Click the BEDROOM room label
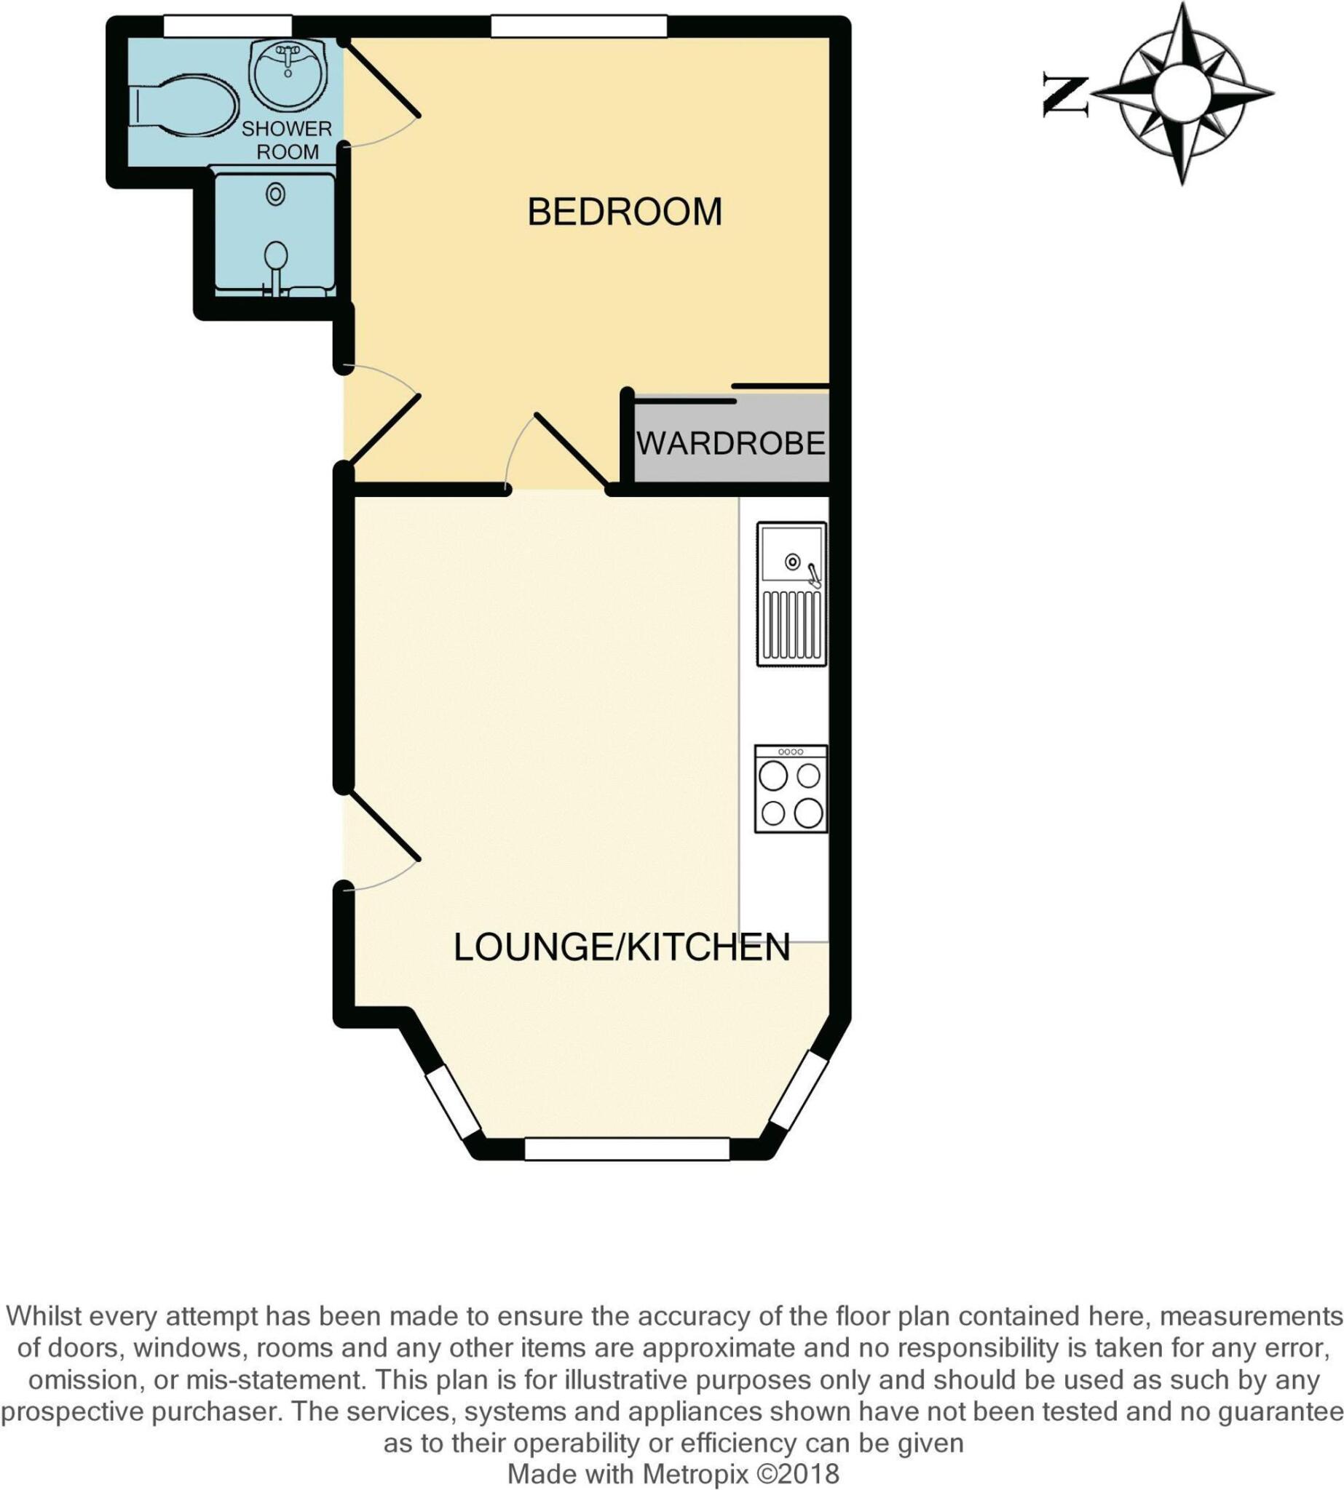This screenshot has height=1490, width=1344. (624, 212)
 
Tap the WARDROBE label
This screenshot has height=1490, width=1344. (730, 444)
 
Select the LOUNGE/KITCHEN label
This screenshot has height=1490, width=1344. (621, 947)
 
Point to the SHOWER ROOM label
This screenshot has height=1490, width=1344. (287, 140)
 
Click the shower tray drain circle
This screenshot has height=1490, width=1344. (275, 195)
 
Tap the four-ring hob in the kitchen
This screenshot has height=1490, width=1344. (790, 789)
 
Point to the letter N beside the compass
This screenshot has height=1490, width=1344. (1066, 95)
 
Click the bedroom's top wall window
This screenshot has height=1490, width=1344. (580, 27)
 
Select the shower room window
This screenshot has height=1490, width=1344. (227, 27)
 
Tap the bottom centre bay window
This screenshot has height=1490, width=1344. (627, 1149)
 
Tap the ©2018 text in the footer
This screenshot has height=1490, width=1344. (798, 1474)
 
